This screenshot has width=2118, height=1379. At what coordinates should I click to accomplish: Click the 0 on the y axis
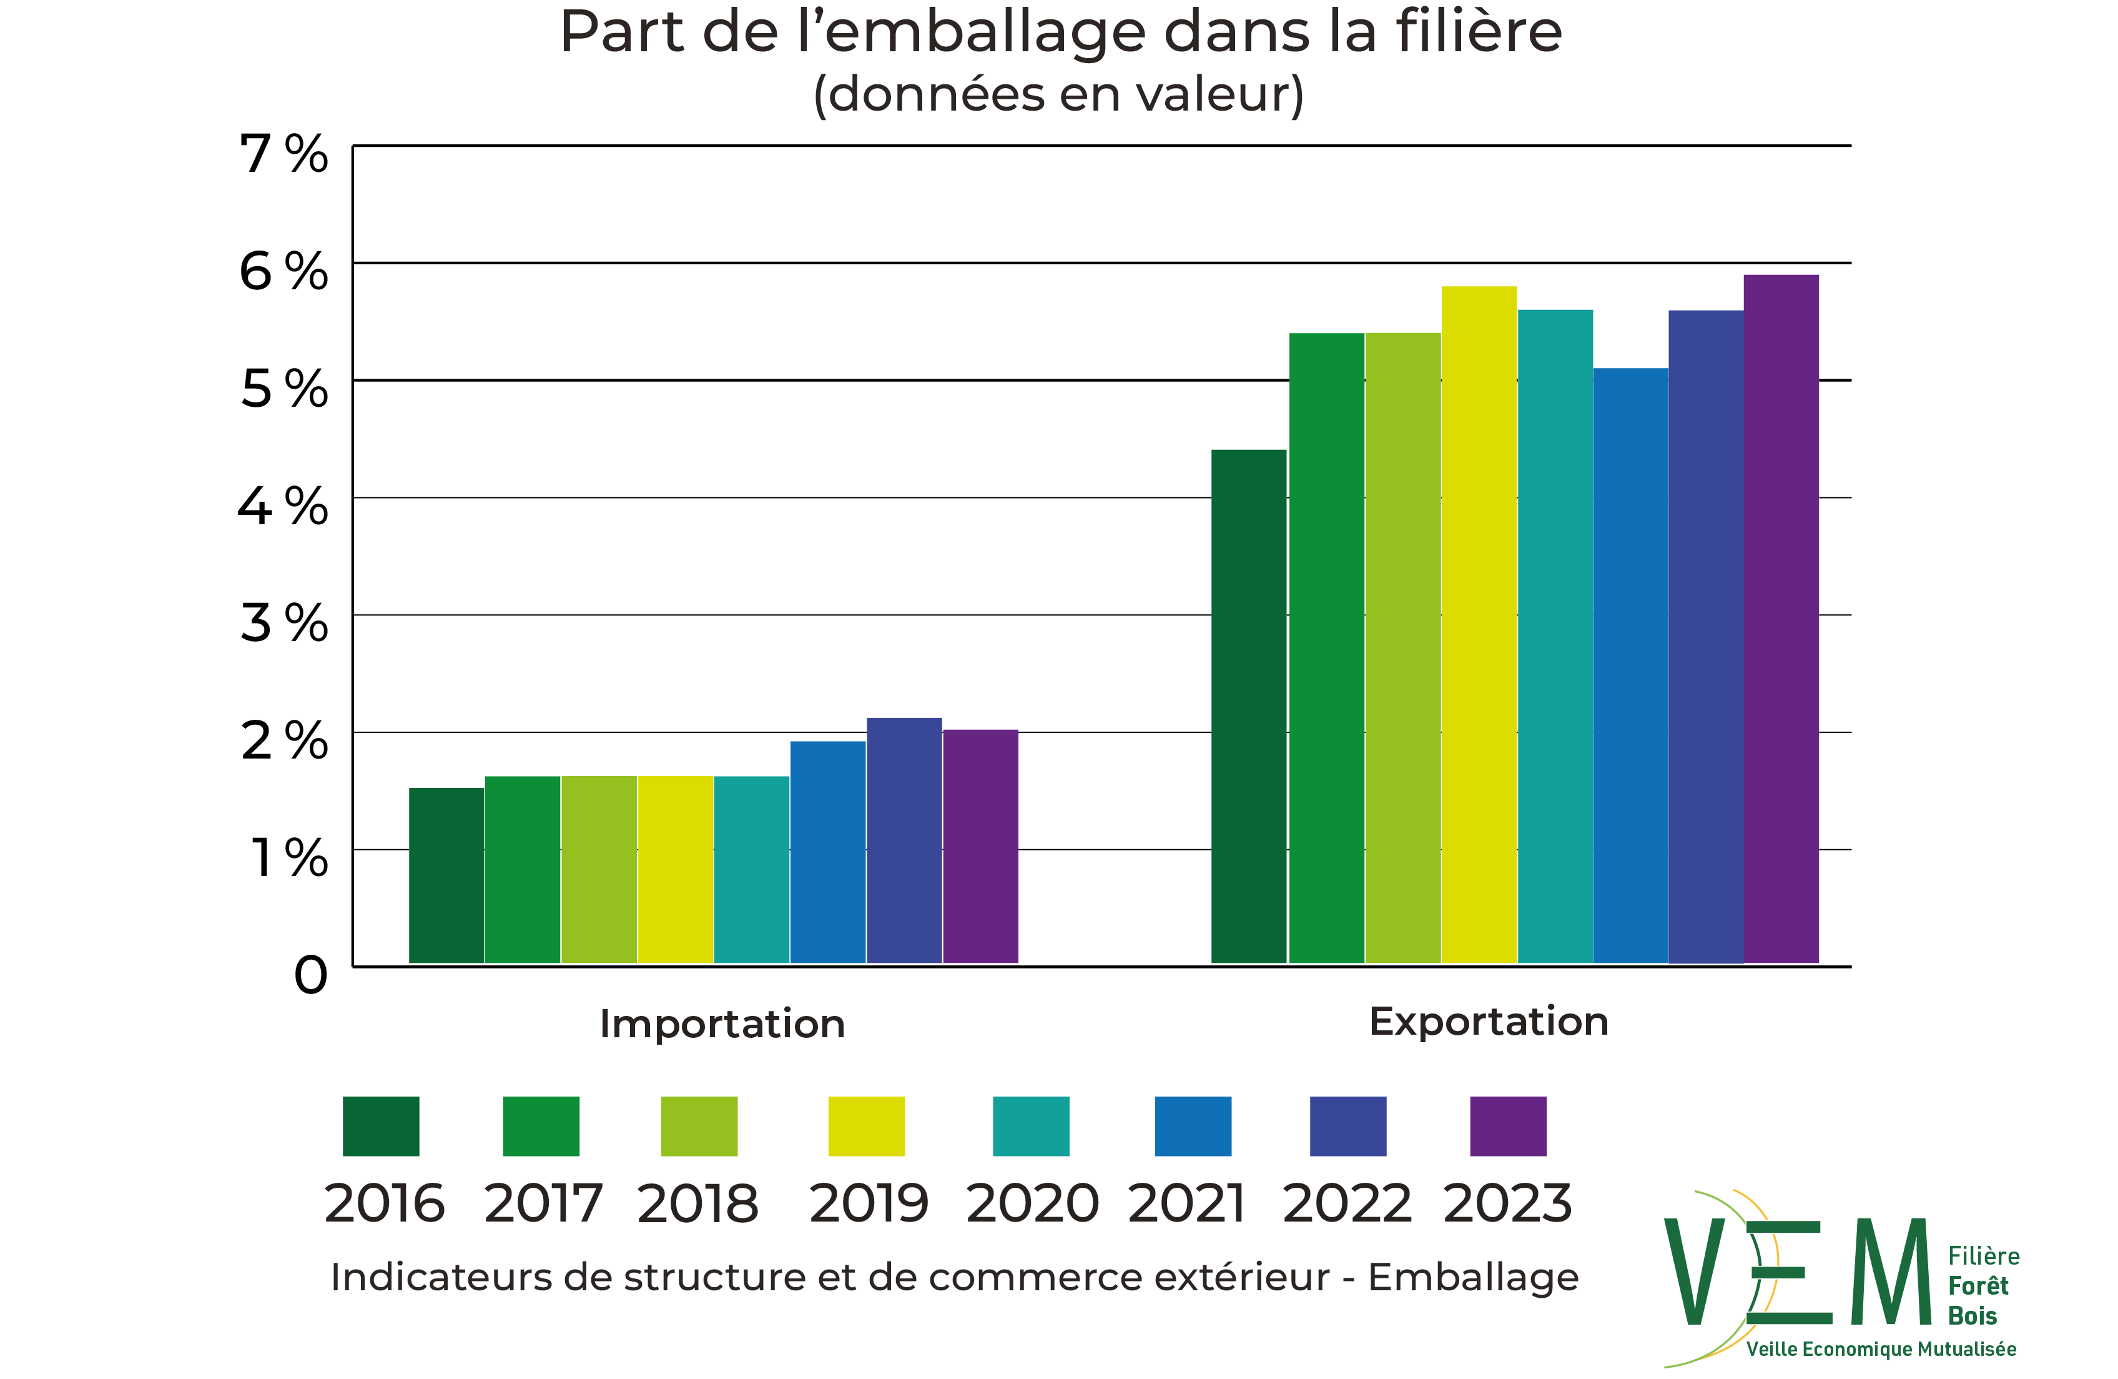(310, 976)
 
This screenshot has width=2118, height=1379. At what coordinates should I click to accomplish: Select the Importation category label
(722, 1024)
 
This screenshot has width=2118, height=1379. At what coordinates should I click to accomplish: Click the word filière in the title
(1478, 33)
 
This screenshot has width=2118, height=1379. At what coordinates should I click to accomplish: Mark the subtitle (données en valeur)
(1058, 94)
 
